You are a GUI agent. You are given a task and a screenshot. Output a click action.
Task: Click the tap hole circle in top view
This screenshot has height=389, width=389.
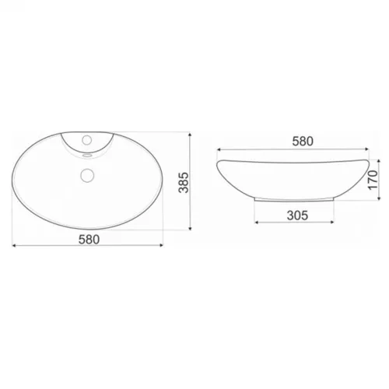(87, 140)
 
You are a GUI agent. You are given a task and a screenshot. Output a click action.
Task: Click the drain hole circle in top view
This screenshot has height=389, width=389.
(87, 175)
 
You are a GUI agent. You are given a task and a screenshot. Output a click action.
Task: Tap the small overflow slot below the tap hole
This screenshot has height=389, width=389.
(87, 156)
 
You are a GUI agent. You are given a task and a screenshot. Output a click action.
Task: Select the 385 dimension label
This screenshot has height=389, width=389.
(184, 182)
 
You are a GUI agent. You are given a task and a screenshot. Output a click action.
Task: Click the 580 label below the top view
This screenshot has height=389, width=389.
(89, 240)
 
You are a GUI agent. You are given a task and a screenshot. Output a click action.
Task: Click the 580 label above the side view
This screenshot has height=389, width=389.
(303, 142)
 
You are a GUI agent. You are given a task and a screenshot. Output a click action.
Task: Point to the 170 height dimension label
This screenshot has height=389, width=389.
(373, 180)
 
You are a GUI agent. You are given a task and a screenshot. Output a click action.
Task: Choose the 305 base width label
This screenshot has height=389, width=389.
(297, 216)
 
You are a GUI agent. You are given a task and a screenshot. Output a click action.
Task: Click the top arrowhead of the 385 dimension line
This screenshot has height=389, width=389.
(190, 135)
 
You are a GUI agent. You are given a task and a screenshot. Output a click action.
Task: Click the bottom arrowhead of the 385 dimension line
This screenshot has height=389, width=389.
(190, 228)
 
